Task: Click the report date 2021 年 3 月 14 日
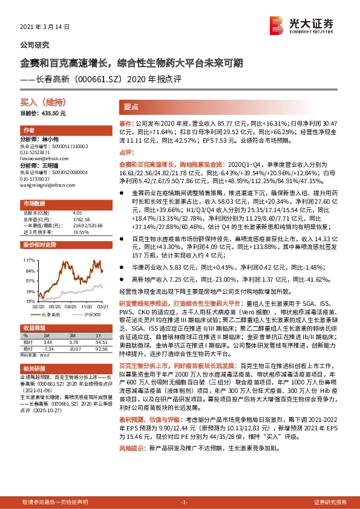pos(46,27)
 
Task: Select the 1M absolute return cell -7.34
pos(49,348)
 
